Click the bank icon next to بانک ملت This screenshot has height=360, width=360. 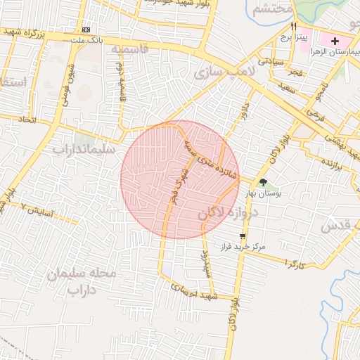[86, 30]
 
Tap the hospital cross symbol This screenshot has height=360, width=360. [335, 41]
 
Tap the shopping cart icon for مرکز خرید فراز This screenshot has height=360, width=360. [243, 236]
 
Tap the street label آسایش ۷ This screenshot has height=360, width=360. [37, 209]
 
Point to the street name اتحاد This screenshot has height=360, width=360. [27, 120]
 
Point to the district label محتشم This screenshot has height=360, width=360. [272, 9]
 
